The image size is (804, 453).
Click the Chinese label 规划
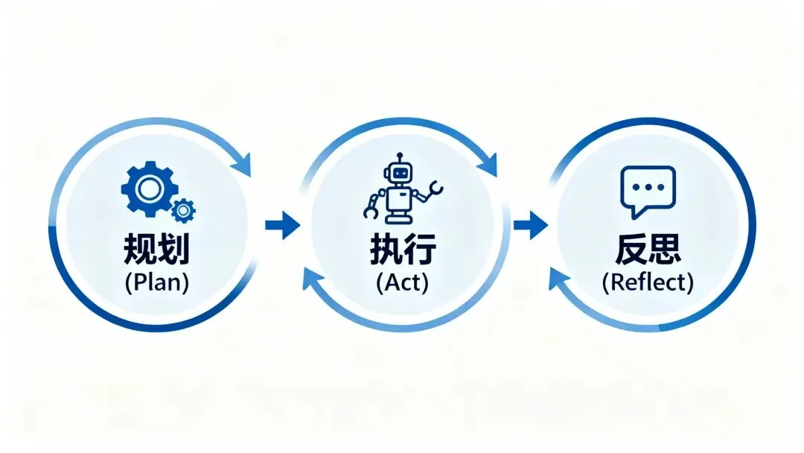click(156, 249)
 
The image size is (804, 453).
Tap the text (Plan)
click(156, 282)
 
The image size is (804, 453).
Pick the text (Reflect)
click(648, 282)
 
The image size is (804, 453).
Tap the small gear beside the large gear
click(182, 211)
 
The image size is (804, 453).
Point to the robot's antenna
click(401, 158)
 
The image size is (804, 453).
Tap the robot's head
click(401, 174)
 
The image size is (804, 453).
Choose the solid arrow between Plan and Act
click(282, 224)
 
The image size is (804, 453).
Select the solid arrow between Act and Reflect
click(530, 224)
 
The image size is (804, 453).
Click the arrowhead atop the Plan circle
click(242, 164)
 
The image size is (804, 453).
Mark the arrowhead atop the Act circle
click(488, 164)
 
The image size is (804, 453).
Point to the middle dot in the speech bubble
click(647, 186)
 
